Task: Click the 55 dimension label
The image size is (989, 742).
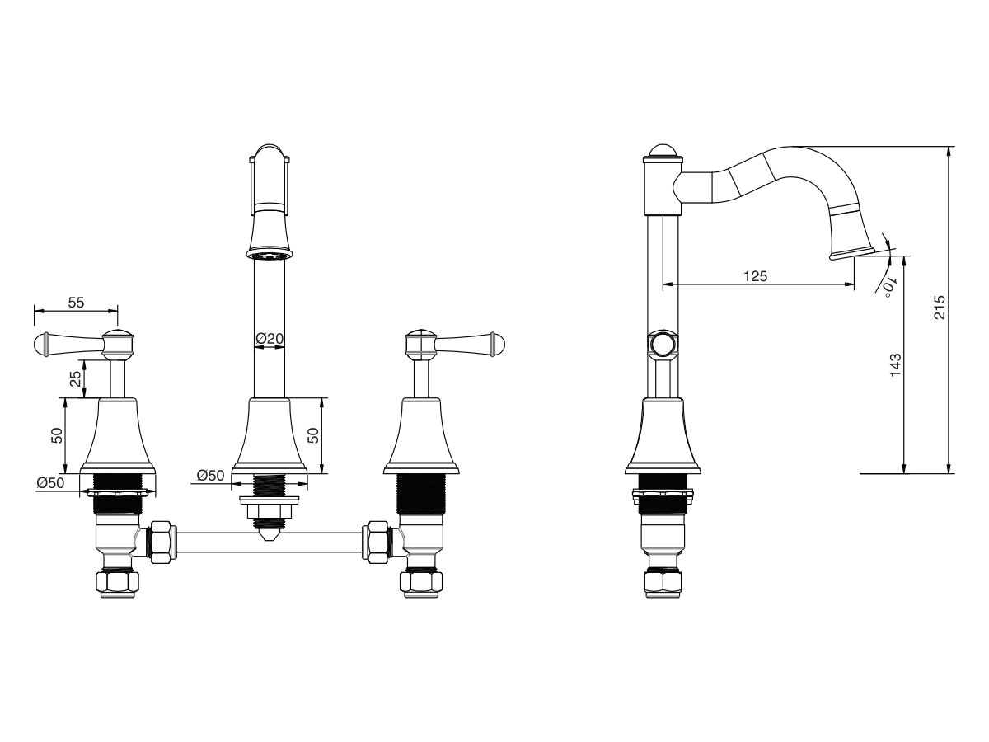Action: [x=76, y=303]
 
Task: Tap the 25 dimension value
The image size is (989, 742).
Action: [x=76, y=379]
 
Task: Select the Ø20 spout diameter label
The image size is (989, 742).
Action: [x=270, y=338]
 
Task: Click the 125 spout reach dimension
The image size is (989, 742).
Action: [x=755, y=275]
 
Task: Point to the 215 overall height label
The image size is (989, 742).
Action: [x=940, y=308]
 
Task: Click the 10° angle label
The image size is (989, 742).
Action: [x=889, y=287]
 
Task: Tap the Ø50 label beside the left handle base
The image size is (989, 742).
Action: [x=50, y=483]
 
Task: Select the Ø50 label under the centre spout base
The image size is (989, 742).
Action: [x=210, y=476]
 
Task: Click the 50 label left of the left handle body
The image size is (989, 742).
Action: [x=57, y=435]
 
